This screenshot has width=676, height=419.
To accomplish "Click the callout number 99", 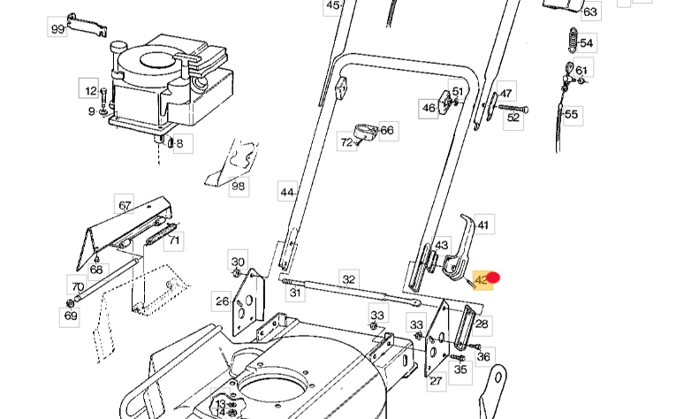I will click(57, 29).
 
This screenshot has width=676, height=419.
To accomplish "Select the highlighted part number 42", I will click(482, 280).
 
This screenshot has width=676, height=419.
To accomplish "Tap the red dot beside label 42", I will click(495, 278).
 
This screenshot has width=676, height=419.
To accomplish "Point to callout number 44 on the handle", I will click(286, 192).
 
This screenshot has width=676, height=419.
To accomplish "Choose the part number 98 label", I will click(238, 186).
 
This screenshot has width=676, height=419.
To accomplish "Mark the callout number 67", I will click(125, 206).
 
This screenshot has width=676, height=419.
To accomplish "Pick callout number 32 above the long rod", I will click(349, 279).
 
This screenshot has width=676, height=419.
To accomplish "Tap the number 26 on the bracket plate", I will click(223, 301).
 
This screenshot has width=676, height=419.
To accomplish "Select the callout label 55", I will click(571, 114).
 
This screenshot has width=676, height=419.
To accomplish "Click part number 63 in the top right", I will click(589, 12).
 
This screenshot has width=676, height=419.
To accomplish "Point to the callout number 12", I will click(90, 90).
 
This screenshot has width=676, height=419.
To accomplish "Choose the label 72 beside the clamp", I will click(346, 141).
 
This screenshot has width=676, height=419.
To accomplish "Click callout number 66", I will click(386, 130).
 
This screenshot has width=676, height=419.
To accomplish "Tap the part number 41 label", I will click(482, 225).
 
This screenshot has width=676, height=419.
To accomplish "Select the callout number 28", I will click(482, 324).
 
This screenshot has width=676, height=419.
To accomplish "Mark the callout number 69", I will click(71, 316).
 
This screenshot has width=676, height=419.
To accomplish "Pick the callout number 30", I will click(238, 262).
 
